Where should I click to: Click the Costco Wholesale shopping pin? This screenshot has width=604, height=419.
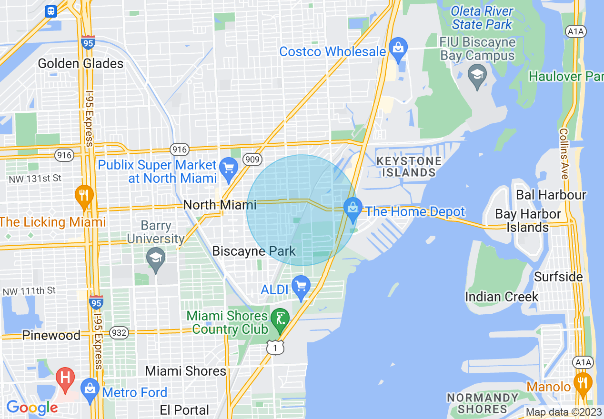(398, 48)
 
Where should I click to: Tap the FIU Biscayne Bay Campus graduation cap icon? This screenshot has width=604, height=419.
(476, 75)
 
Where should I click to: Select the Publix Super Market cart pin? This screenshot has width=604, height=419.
(229, 168)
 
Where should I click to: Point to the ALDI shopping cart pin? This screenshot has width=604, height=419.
(301, 286)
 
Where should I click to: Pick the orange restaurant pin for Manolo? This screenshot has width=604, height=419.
(583, 382)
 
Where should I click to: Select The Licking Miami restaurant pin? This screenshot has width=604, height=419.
(84, 195)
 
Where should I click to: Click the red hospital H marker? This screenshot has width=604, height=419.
(65, 378)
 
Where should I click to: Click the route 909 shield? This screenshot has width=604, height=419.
(252, 160)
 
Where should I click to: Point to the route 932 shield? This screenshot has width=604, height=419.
(119, 333)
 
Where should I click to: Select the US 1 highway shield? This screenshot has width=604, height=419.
(275, 348)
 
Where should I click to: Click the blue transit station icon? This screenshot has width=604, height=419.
(51, 11)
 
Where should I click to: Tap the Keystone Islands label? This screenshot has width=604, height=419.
(409, 167)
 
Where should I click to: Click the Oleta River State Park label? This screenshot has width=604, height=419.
(482, 18)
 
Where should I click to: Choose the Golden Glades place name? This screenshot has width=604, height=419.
(81, 63)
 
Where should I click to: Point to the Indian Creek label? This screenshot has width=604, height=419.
(502, 297)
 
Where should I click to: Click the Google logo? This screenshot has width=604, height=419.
(32, 408)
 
